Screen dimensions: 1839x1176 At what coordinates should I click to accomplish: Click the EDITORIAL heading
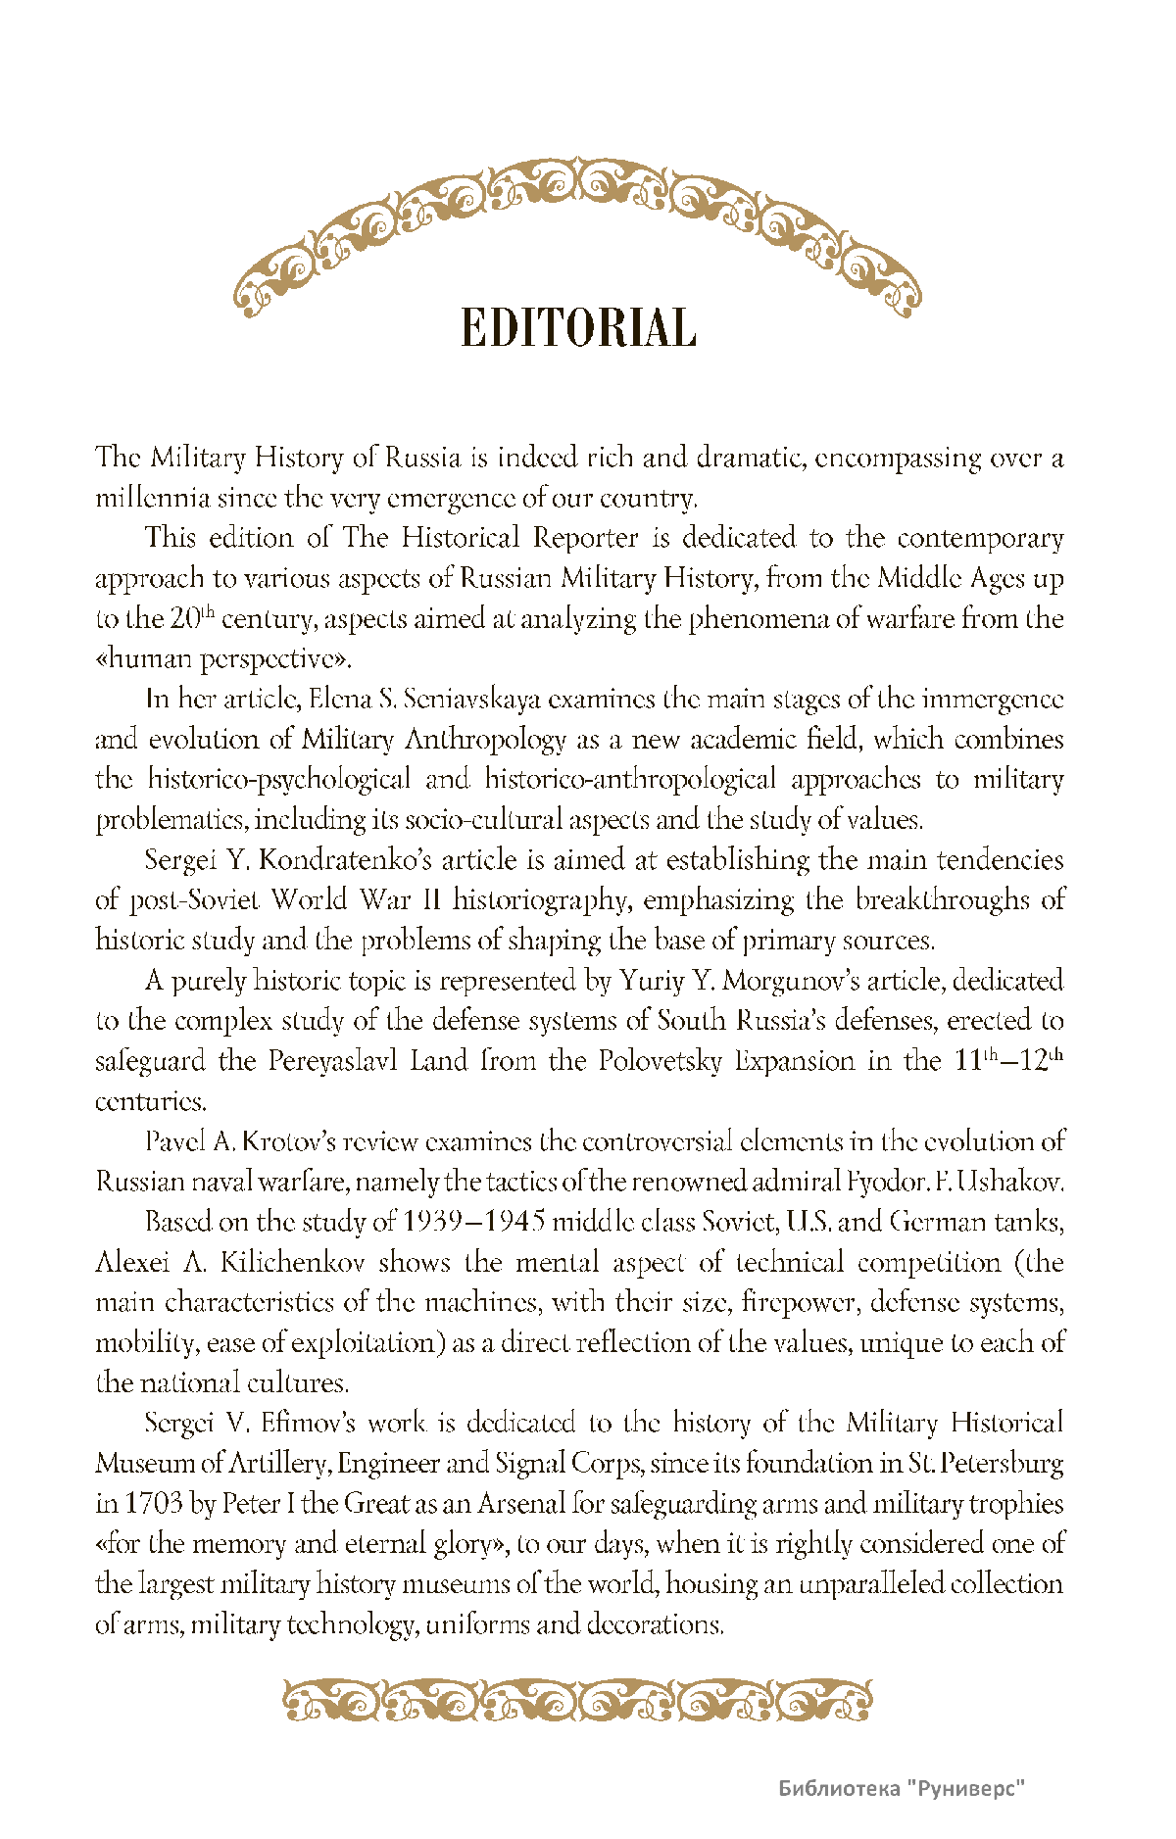coord(578,328)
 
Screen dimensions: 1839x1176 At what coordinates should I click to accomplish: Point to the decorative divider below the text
coord(578,1701)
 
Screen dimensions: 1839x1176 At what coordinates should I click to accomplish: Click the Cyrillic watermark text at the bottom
coord(902,1789)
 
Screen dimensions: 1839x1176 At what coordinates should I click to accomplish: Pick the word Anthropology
coord(485,739)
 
